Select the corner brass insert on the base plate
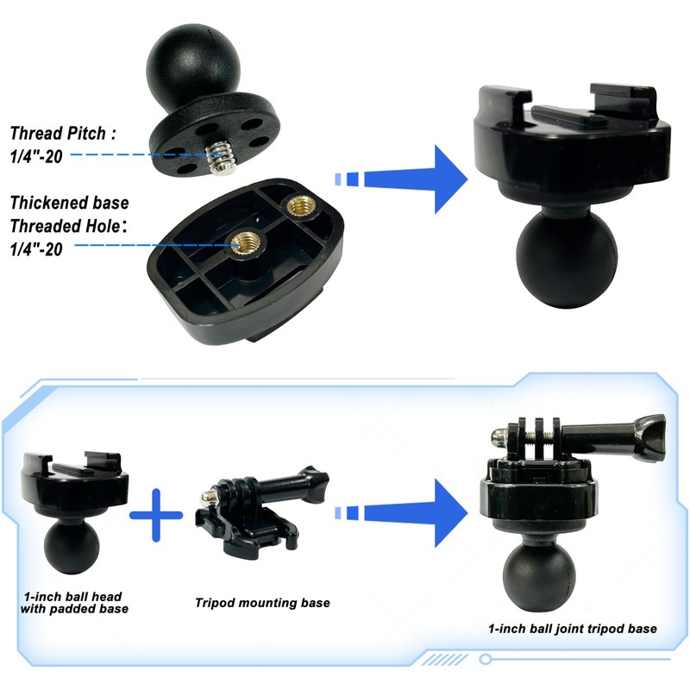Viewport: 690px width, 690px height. click(x=300, y=206)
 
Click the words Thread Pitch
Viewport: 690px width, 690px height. click(x=63, y=134)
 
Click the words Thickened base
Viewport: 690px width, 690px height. click(x=69, y=204)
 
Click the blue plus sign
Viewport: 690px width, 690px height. click(x=156, y=515)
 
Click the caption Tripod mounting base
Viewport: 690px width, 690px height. click(x=261, y=603)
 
